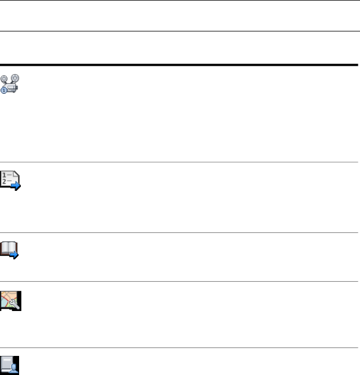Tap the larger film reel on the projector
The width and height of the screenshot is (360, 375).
point(15,78)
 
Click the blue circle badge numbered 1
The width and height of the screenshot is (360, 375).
point(4,90)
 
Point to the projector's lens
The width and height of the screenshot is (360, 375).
point(17,88)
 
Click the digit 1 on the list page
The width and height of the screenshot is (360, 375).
point(4,176)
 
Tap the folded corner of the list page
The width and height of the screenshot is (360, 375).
point(16,175)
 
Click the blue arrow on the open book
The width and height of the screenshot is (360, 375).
point(15,254)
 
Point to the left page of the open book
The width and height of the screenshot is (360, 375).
point(6,246)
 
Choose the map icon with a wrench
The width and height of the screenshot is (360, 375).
point(10,301)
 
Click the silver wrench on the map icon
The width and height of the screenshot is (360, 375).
point(15,305)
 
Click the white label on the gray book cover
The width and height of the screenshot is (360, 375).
point(6,360)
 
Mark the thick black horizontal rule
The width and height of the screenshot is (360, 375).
point(180,65)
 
